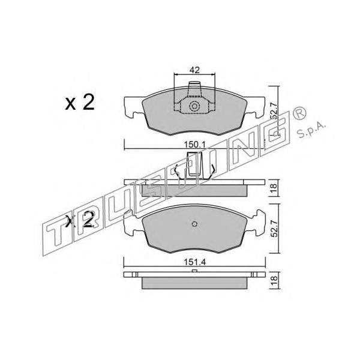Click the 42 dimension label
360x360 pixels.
click(194, 70)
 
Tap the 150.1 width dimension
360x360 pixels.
click(194, 145)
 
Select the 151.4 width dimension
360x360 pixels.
click(194, 262)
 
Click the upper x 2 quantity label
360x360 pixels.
click(80, 103)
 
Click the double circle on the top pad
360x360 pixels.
click(194, 106)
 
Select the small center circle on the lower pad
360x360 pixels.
click(194, 224)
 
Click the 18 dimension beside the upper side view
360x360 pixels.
click(274, 188)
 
